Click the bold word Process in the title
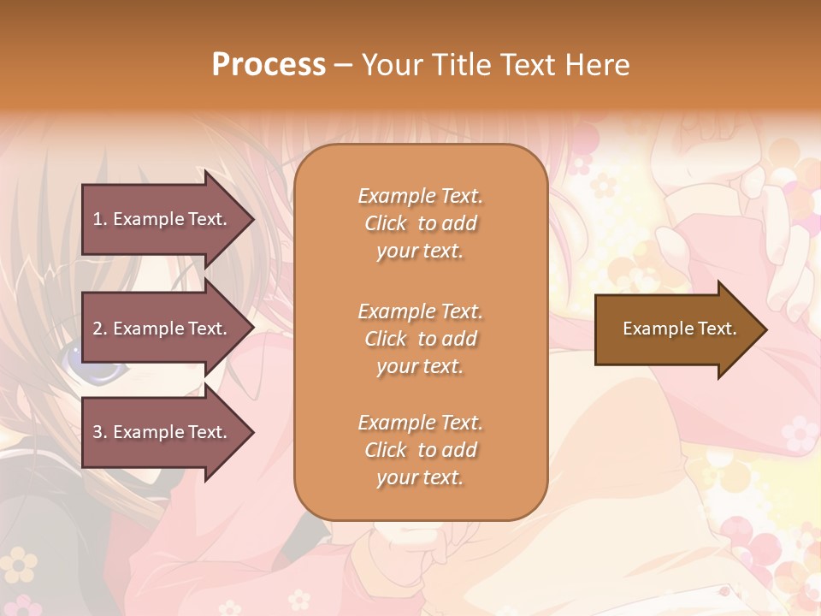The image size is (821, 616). point(269,64)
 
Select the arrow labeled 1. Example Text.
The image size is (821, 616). point(162,219)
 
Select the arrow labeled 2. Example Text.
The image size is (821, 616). point(162,329)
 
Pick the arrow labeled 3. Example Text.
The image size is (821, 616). point(162,432)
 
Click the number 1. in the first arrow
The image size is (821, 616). point(100,219)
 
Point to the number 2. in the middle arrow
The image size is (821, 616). point(100,329)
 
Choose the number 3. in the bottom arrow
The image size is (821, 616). point(100,432)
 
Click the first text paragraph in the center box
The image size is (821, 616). point(420,223)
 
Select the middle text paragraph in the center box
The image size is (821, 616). point(420,339)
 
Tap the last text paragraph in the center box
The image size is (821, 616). point(420,450)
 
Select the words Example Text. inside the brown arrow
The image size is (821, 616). point(680,329)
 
